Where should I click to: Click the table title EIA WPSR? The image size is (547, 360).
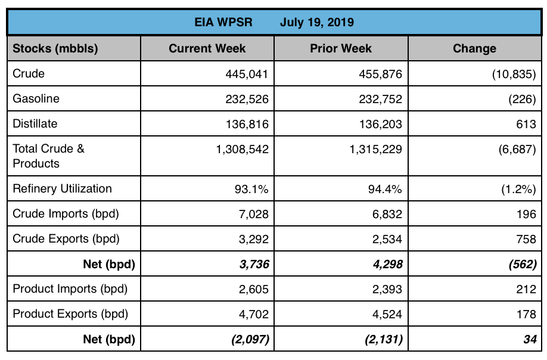click(x=223, y=23)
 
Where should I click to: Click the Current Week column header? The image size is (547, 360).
click(x=207, y=49)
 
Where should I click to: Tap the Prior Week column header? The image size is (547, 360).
click(x=341, y=49)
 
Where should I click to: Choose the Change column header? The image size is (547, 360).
click(x=474, y=49)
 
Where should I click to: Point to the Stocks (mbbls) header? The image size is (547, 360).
click(x=55, y=49)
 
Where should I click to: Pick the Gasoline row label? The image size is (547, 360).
click(x=36, y=99)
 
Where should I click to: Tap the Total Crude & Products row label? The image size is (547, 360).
click(x=49, y=156)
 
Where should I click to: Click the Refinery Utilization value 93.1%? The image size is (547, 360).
click(x=251, y=190)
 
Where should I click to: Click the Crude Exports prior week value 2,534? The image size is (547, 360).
click(x=385, y=239)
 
